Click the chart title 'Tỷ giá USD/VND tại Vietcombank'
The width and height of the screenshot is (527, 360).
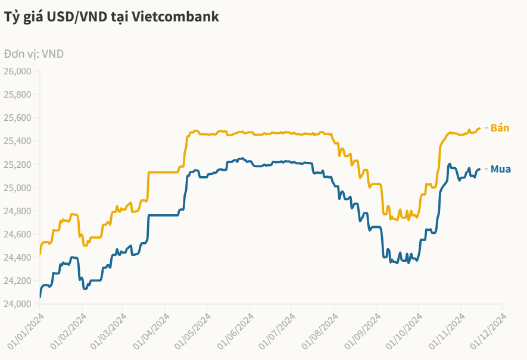112,17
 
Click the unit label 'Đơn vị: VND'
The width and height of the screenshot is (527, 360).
34,54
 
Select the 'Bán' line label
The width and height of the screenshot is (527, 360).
500,128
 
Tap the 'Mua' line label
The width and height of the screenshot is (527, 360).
501,170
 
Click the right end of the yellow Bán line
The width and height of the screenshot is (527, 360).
480,128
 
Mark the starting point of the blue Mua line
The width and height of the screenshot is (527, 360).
40,296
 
